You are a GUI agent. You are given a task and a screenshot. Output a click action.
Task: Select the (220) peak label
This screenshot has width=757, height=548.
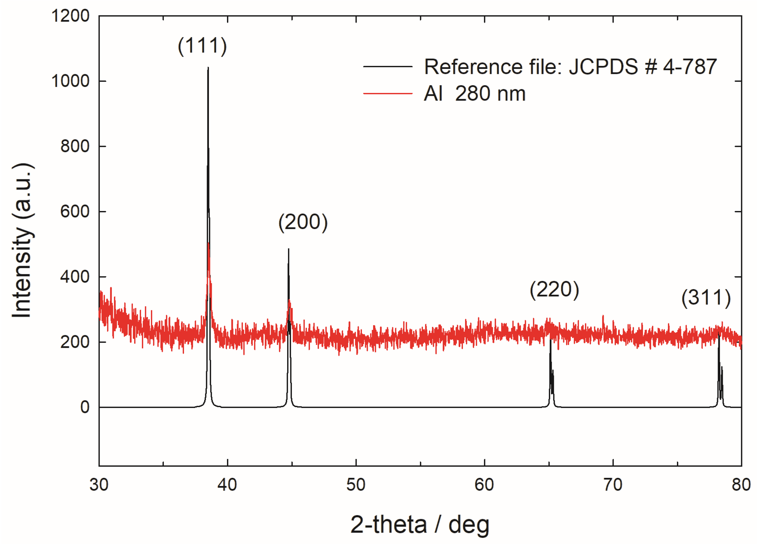tap(554, 289)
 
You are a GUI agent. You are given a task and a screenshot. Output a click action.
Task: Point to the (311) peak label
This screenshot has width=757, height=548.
tap(706, 297)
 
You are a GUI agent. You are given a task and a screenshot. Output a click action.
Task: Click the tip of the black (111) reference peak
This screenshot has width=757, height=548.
tap(208, 68)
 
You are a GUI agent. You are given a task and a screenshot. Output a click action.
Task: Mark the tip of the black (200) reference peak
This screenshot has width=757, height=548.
tap(289, 249)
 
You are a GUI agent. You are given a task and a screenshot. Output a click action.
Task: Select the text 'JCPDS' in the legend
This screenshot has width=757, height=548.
tap(603, 67)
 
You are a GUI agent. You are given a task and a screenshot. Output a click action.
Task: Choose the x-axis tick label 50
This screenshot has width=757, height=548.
tap(356, 484)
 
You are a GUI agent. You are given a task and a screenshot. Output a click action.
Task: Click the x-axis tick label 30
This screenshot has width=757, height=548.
tap(99, 484)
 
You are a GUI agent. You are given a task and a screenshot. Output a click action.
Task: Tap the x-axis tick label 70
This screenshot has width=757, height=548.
tap(613, 484)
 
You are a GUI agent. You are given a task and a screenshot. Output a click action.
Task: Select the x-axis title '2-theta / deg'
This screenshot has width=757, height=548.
tap(420, 524)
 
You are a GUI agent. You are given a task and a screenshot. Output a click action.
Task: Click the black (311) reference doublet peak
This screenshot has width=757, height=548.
tap(719, 367)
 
